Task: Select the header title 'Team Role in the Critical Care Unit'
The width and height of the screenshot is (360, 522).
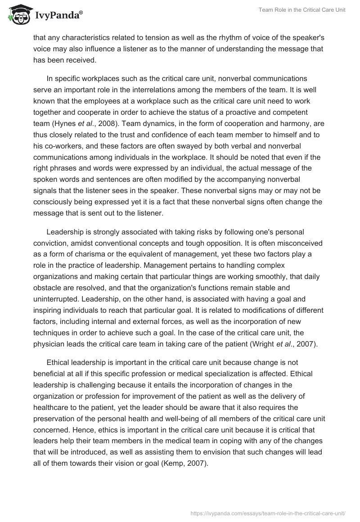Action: tap(302, 10)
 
